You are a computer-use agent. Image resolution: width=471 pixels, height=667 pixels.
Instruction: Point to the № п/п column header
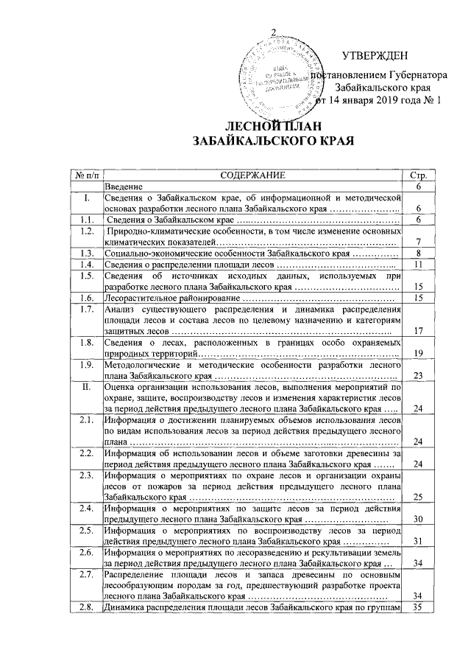pos(85,177)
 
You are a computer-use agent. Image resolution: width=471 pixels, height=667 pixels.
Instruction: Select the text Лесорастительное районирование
pos(171,297)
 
